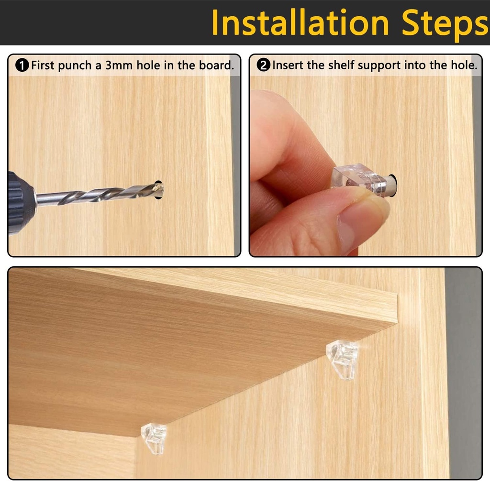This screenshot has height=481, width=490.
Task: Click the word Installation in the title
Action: [x=300, y=23]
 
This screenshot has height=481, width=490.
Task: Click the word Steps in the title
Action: [x=445, y=23]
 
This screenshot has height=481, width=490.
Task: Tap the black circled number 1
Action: [x=22, y=66]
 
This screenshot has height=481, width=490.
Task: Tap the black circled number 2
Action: [x=264, y=66]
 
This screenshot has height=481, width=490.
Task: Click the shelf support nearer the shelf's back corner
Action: [x=342, y=359]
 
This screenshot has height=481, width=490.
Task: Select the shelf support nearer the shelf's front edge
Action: [x=154, y=437]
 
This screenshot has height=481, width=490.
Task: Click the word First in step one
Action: [x=43, y=66]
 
